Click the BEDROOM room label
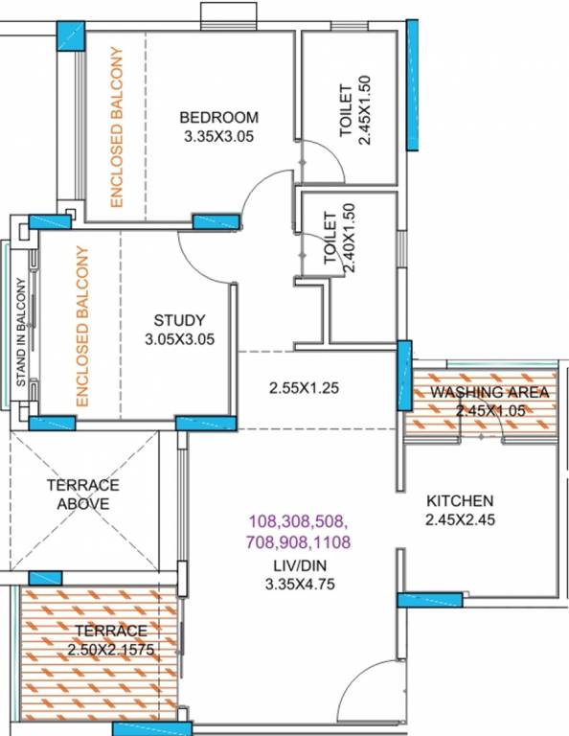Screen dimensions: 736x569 pos(219,118)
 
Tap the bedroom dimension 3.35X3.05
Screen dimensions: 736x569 pos(220,137)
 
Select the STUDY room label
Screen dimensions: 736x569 pos(179,321)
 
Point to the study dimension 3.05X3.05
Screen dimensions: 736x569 pos(179,339)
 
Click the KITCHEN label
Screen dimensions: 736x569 pos(460,501)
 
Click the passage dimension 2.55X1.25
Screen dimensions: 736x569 pos(305,389)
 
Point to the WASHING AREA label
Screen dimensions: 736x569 pos(489,393)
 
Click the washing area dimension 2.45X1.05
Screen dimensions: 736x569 pos(489,410)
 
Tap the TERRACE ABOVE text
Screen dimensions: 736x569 pos(82,494)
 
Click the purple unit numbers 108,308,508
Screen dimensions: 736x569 pos(297,523)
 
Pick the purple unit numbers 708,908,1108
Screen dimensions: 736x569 pos(297,542)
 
